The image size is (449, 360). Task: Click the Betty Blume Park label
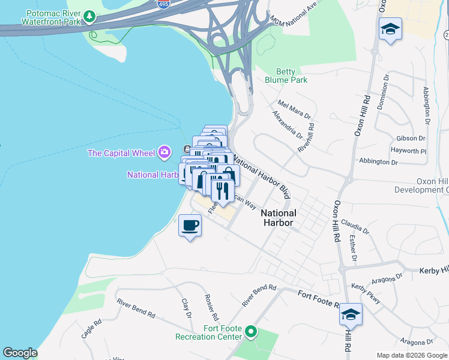coord(286,75)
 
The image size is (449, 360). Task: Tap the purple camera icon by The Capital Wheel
coord(164,152)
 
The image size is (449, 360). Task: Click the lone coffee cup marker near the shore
coord(190,226)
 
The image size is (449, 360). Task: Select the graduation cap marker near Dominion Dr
coord(390,29)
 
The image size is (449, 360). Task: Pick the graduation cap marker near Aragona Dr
coord(351,314)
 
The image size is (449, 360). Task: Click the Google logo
coord(20,353)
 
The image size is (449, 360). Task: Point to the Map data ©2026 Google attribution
coord(411,355)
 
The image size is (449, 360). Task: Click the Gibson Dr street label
coord(410,138)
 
